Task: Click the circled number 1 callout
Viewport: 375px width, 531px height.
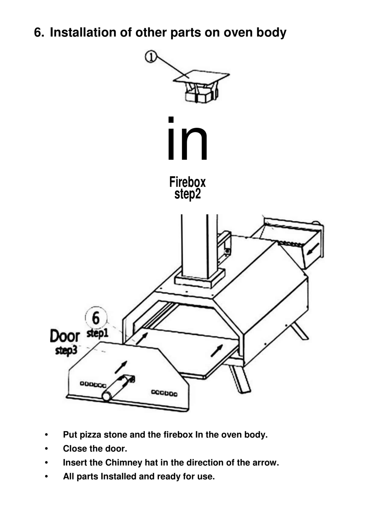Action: (151, 57)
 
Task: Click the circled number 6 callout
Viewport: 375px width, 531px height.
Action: (96, 318)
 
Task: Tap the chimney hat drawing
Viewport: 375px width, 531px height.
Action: (201, 87)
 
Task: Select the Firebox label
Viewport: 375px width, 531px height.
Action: (187, 182)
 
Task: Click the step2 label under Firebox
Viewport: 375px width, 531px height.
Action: (187, 194)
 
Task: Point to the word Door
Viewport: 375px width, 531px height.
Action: (65, 336)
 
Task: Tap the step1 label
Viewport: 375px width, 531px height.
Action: (98, 333)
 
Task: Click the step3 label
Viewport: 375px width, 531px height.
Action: (66, 350)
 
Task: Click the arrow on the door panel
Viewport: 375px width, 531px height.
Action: (121, 367)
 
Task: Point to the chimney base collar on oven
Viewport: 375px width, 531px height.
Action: (200, 280)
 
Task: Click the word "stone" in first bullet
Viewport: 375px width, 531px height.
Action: (115, 435)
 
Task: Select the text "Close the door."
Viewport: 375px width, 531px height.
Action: (95, 449)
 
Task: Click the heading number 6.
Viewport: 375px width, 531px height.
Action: (38, 33)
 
